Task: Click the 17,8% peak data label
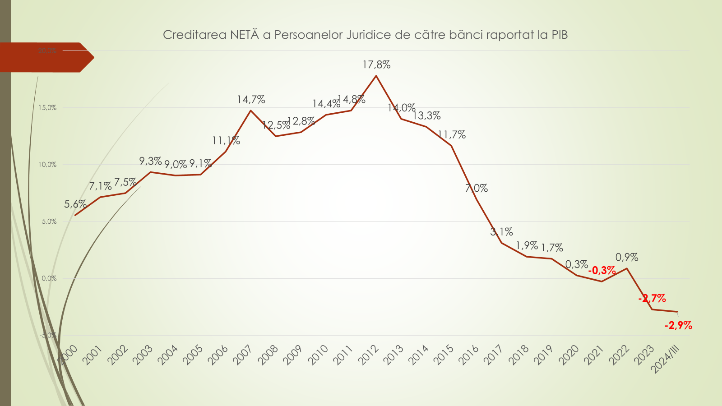[x=376, y=65]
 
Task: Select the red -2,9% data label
[x=678, y=325]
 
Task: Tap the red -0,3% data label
[x=602, y=270]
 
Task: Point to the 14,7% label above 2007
[x=251, y=100]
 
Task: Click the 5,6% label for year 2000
[x=75, y=204]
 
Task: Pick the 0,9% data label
[x=627, y=258]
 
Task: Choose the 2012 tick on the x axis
[x=368, y=355]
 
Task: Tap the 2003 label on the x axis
[x=143, y=355]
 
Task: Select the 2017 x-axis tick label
[x=494, y=355]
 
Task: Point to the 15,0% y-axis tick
[x=47, y=108]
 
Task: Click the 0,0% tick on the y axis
[x=49, y=278]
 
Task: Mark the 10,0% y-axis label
[x=47, y=165]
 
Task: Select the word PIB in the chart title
[x=560, y=35]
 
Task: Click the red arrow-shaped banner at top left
[x=45, y=57]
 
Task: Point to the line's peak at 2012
[x=376, y=76]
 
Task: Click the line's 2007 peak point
[x=251, y=111]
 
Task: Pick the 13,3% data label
[x=426, y=116]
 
